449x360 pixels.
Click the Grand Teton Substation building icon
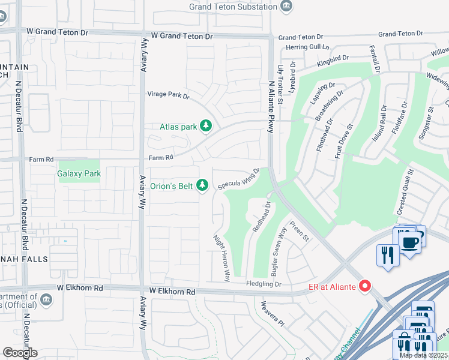point(287,7)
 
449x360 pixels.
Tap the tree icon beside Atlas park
point(206,126)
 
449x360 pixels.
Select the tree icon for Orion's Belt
point(203,185)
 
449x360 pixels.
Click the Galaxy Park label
point(79,174)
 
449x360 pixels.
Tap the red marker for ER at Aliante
point(364,287)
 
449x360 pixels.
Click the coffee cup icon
point(411,242)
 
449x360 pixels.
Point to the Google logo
point(20,352)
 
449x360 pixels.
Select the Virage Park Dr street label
point(169,95)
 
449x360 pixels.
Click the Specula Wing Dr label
point(238,179)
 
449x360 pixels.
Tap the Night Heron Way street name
point(222,258)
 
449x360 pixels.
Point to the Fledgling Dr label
point(264,284)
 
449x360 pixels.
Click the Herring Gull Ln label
point(308,47)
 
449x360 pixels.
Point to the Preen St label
point(299,231)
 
